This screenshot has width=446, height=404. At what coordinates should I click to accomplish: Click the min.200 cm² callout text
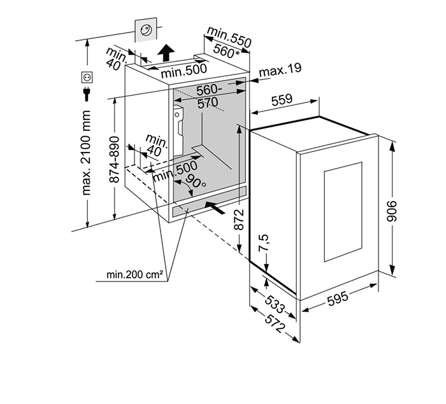point(136,275)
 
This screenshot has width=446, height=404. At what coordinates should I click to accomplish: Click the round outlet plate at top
point(147,29)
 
